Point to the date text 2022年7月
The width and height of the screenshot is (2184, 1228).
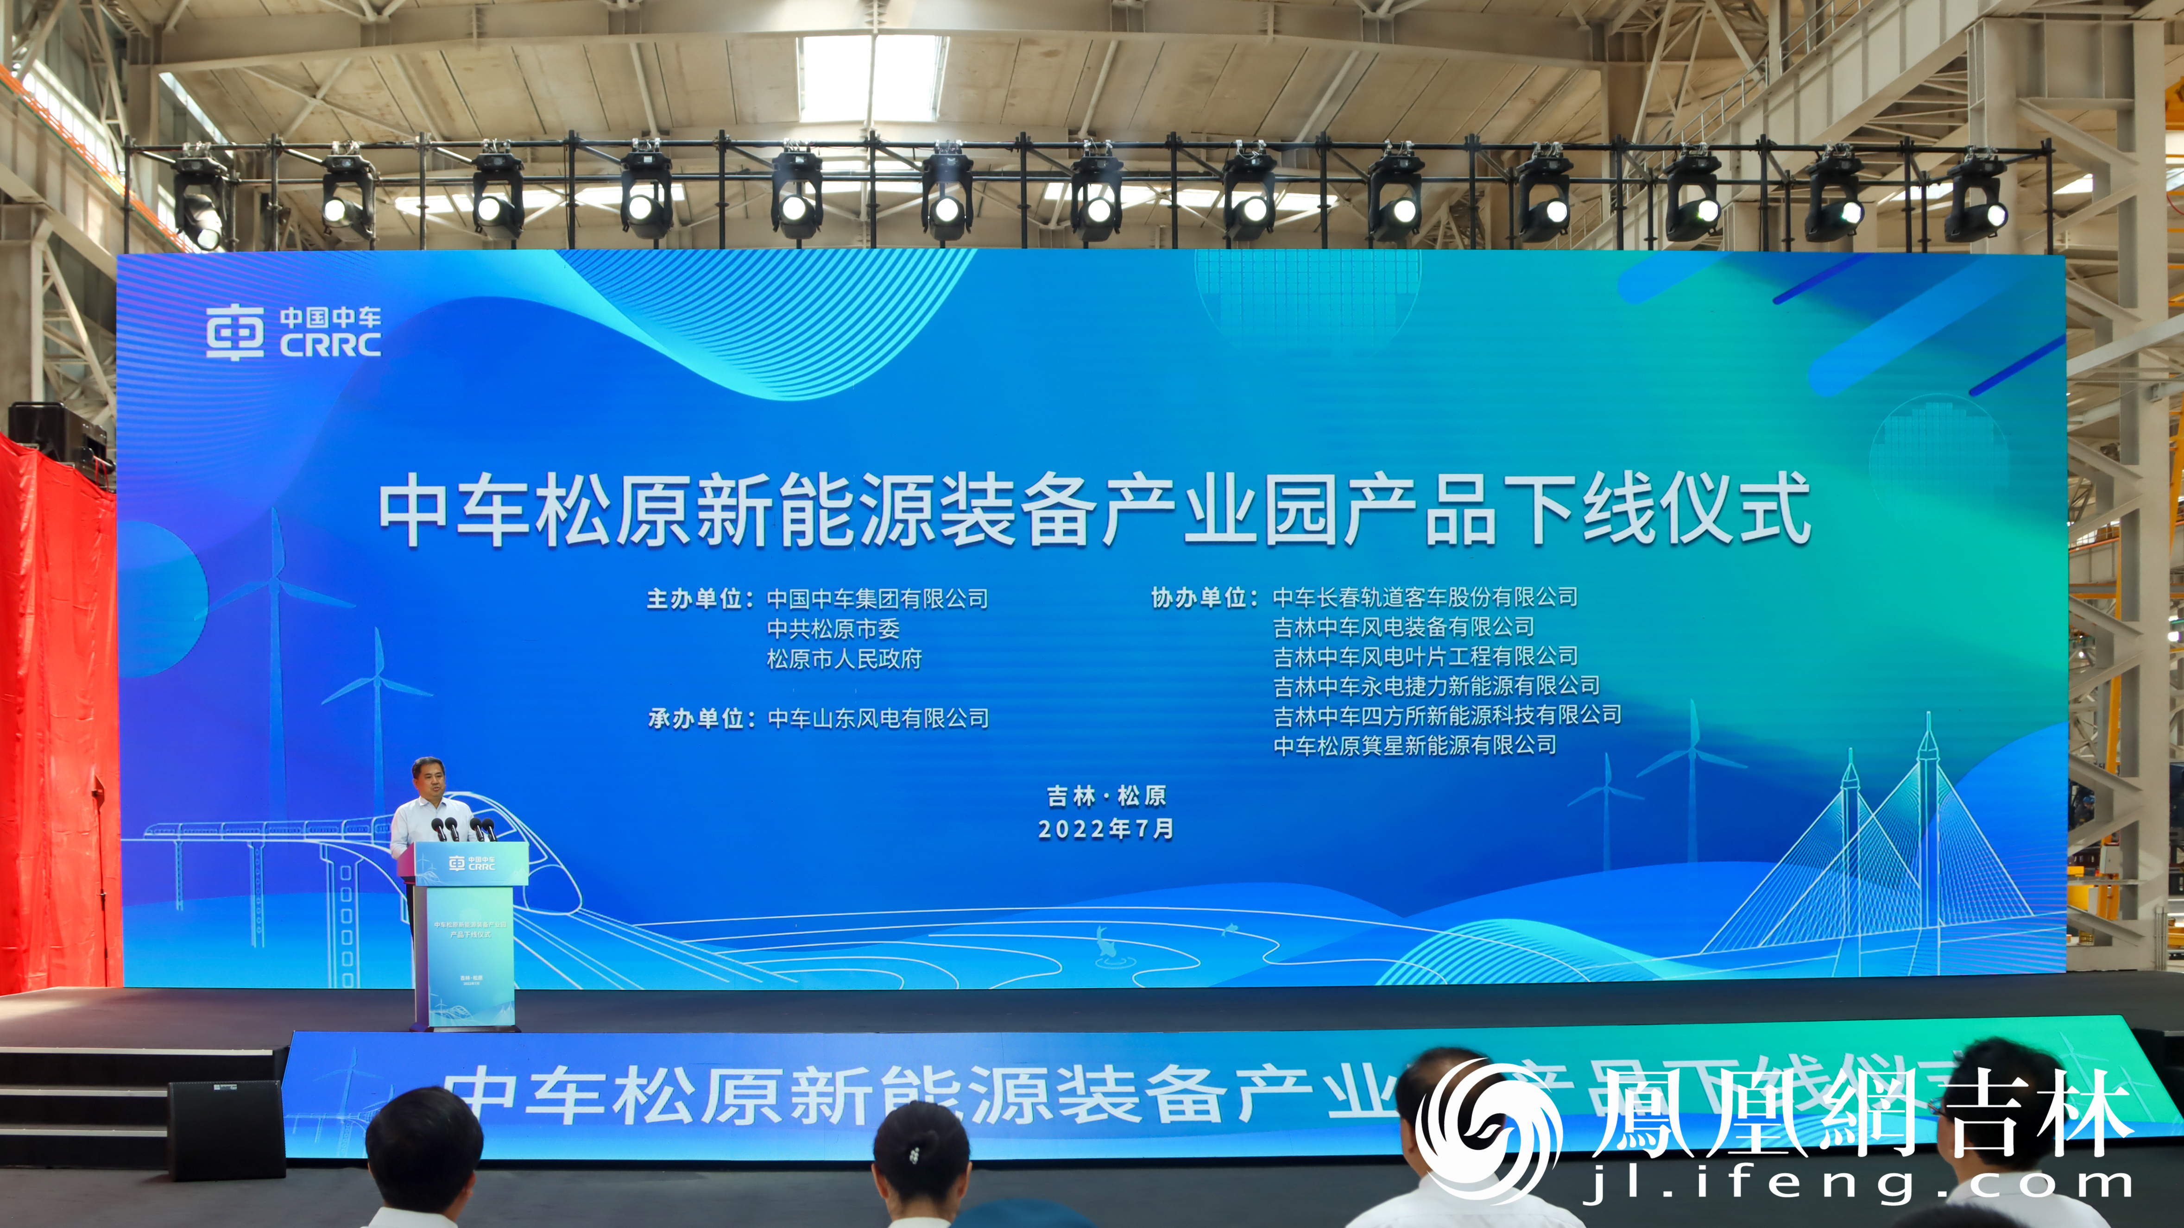click(1105, 829)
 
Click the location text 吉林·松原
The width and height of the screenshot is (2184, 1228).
click(1105, 796)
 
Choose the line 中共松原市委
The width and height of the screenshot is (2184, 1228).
click(833, 629)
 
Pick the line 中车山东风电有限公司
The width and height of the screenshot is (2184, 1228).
click(878, 719)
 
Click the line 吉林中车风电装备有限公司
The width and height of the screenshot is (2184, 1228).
click(1403, 627)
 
